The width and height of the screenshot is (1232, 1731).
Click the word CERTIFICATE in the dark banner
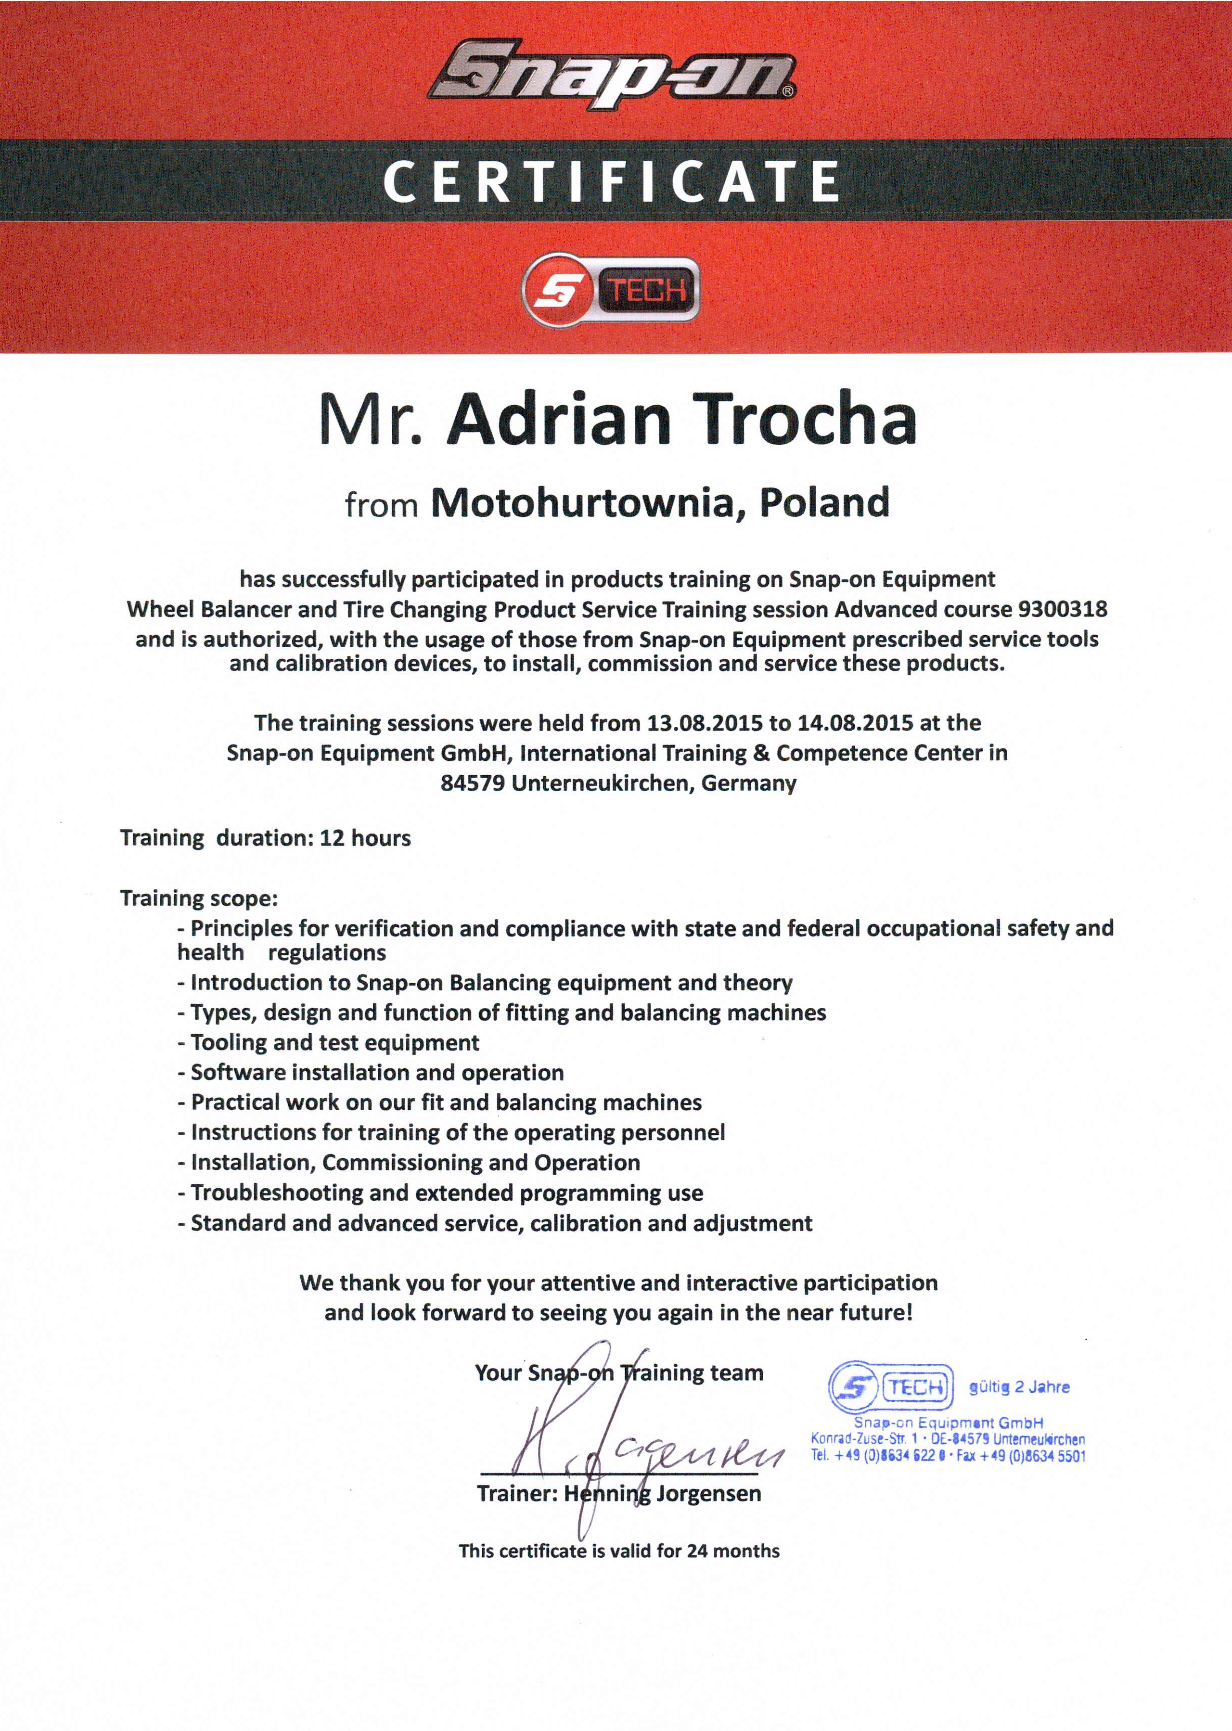coord(612,182)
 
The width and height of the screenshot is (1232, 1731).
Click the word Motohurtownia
coord(583,503)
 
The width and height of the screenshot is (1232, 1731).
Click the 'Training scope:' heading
coord(199,899)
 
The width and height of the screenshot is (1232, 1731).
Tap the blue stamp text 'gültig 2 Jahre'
coord(1019,1387)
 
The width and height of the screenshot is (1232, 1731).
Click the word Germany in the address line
coord(749,783)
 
